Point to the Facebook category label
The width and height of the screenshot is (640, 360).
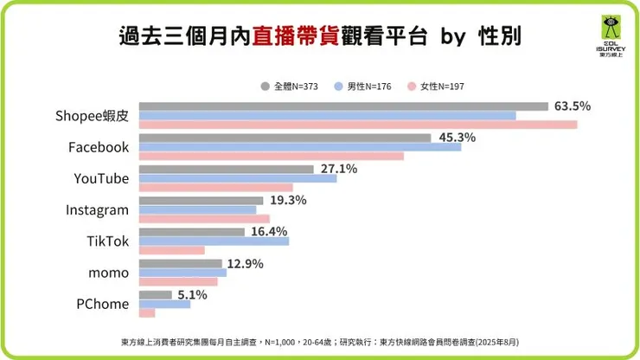click(99, 147)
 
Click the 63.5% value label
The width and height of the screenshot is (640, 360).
click(573, 106)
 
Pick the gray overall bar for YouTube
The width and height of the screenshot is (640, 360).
click(226, 170)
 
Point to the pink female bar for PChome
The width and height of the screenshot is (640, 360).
click(146, 313)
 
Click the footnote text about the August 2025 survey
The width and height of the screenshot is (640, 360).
click(320, 342)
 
